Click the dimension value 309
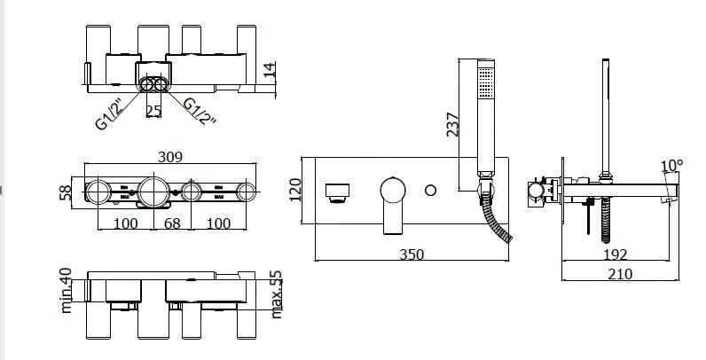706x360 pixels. (169, 157)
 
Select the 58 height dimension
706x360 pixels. (64, 192)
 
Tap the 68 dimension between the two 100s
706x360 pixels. (172, 223)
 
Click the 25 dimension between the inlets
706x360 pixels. (154, 111)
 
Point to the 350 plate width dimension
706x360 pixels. (410, 254)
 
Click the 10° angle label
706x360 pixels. (673, 165)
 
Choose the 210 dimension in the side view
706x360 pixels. (620, 274)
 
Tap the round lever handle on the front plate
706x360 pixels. (392, 191)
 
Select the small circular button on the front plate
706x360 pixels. (432, 191)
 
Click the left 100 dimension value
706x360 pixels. (125, 223)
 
